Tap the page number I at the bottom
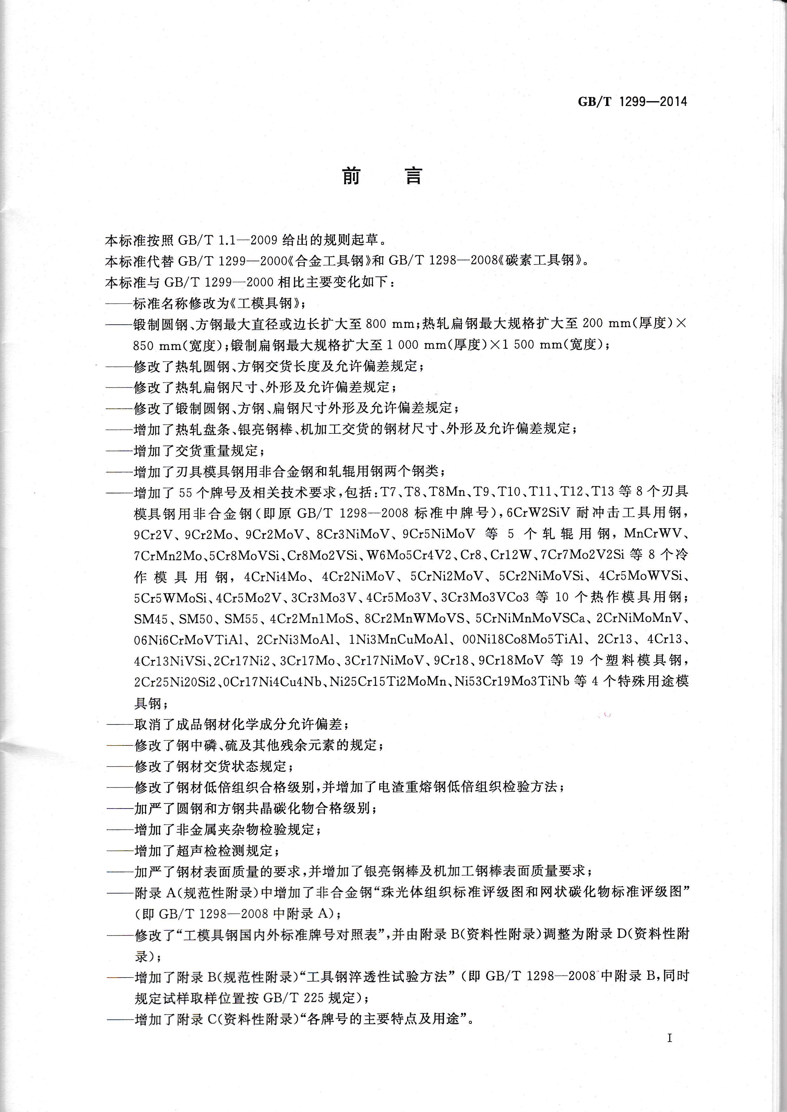click(x=670, y=1037)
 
